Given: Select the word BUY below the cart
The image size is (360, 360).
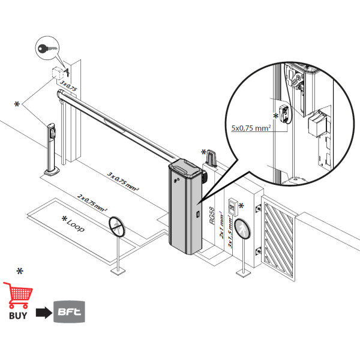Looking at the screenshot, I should [18, 314].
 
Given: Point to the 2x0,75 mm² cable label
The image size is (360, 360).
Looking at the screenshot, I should [92, 203].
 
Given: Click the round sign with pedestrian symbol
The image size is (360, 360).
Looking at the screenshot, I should [242, 229].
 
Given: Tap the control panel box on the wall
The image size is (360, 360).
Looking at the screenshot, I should [232, 208].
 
